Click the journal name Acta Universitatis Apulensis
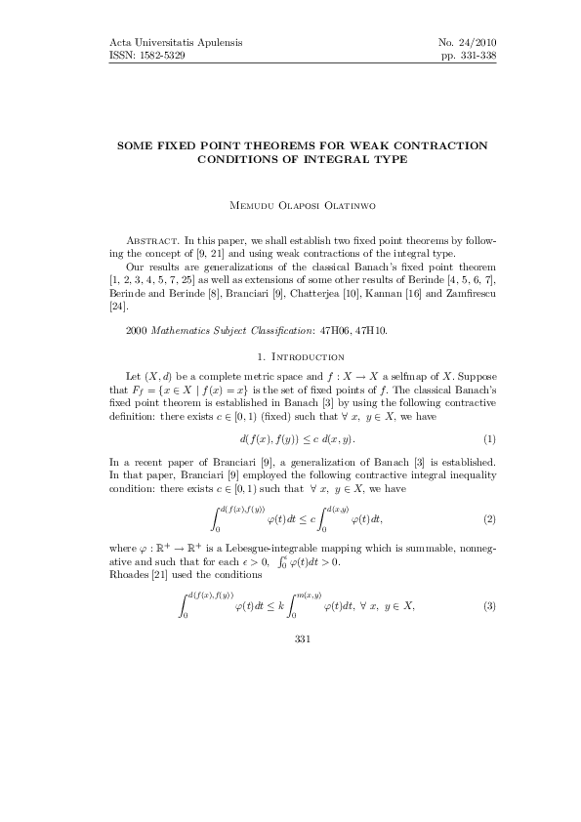(171, 43)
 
